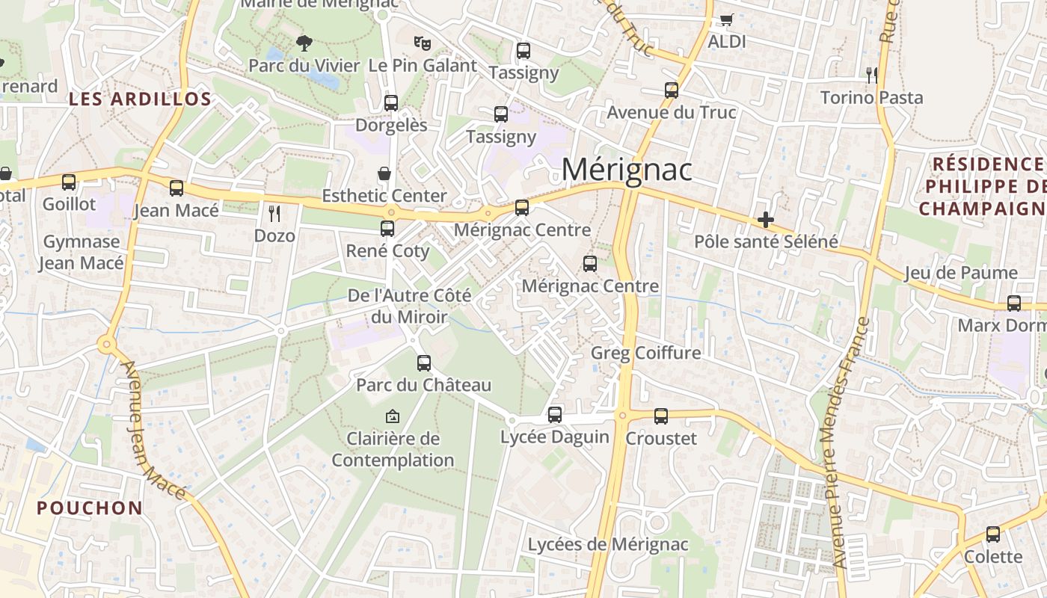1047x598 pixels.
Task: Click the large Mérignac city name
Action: [x=627, y=170]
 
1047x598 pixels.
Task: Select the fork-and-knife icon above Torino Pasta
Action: [x=871, y=74]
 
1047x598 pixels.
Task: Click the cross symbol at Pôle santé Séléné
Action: [x=765, y=220]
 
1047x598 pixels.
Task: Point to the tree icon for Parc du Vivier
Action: [x=304, y=43]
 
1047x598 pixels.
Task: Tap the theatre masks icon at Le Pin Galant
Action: [x=423, y=43]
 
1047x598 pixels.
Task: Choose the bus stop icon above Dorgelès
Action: [x=391, y=102]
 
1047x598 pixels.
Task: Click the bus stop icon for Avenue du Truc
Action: [x=672, y=90]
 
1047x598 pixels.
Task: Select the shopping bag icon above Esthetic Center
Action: [x=384, y=173]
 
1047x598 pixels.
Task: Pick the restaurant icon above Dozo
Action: [x=274, y=214]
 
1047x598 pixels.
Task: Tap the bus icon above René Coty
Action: [x=387, y=229]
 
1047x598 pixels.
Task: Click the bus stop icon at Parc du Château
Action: [x=424, y=363]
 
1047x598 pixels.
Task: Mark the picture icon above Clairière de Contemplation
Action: [x=393, y=416]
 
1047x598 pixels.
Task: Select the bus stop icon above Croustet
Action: [x=661, y=416]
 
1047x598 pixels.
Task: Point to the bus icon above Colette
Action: [x=993, y=534]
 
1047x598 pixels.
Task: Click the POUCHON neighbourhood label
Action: [x=90, y=508]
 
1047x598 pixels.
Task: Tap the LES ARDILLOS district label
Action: [x=141, y=99]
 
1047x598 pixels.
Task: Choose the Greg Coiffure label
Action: [x=646, y=352]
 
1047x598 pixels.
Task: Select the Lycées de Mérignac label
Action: [x=608, y=544]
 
